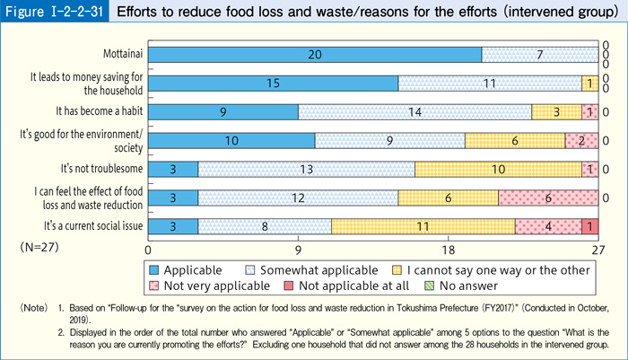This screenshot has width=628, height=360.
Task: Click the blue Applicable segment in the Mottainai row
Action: click(x=314, y=55)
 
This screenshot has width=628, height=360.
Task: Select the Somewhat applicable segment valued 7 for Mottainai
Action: click(x=539, y=55)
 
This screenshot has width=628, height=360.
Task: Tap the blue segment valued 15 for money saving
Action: click(x=273, y=83)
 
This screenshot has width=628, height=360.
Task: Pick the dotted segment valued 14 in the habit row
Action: click(x=414, y=112)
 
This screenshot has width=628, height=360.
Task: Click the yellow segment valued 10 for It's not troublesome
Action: click(x=498, y=169)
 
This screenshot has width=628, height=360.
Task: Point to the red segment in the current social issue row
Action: click(x=589, y=226)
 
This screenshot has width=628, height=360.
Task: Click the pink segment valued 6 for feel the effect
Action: click(x=547, y=198)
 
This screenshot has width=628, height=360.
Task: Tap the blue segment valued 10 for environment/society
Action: click(x=231, y=141)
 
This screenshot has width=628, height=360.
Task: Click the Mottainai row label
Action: click(x=118, y=55)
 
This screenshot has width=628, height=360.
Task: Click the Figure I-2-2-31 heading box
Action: click(x=54, y=14)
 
